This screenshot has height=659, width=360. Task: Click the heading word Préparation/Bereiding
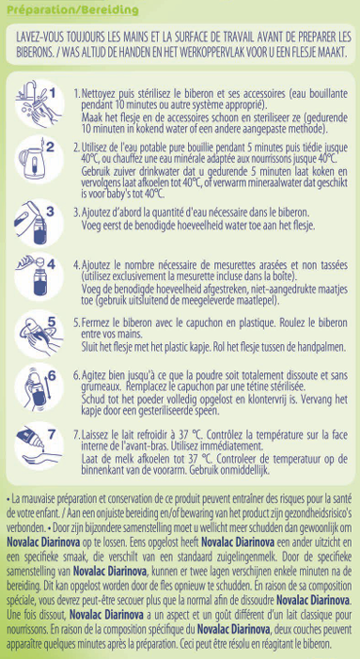click(72, 9)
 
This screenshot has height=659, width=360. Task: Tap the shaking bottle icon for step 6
click(36, 386)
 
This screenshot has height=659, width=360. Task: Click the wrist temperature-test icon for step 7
click(38, 445)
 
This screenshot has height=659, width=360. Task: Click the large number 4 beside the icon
click(52, 264)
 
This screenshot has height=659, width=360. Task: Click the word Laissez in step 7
click(95, 433)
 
